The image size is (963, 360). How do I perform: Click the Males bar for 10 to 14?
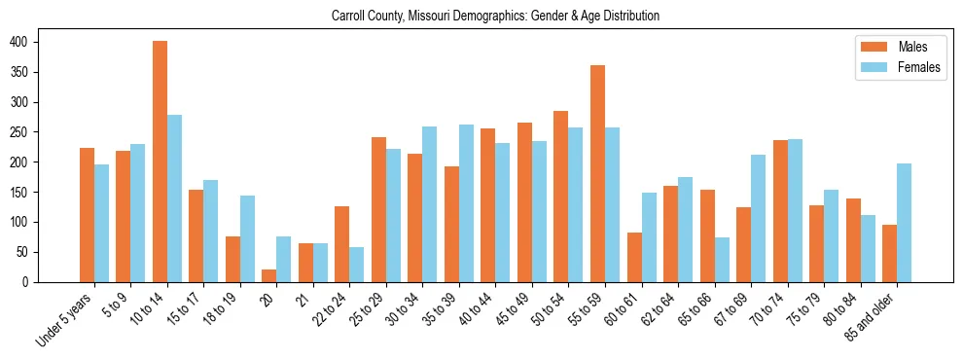(x=160, y=162)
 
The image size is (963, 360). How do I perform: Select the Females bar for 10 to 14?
(x=174, y=198)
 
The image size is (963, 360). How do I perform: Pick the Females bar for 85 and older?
(x=904, y=223)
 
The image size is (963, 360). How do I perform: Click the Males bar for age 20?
(x=269, y=275)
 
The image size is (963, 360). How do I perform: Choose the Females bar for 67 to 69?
(x=758, y=219)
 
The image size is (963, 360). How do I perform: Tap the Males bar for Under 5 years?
(x=87, y=215)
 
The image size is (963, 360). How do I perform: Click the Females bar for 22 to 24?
(x=357, y=265)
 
